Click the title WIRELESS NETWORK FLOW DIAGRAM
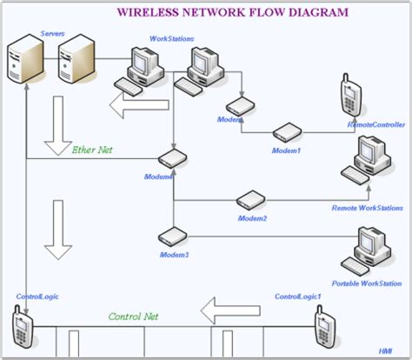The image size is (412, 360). click(x=233, y=13)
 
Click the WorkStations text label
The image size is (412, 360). click(x=172, y=39)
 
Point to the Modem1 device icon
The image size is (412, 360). click(x=286, y=133)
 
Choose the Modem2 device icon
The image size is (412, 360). click(x=250, y=199)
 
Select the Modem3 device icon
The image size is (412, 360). click(x=171, y=236)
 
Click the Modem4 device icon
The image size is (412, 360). click(x=172, y=158)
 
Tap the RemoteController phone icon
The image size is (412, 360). click(x=351, y=97)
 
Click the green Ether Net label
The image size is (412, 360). click(x=92, y=150)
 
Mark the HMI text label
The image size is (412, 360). click(x=385, y=350)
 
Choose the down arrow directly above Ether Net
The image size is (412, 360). click(x=59, y=119)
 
